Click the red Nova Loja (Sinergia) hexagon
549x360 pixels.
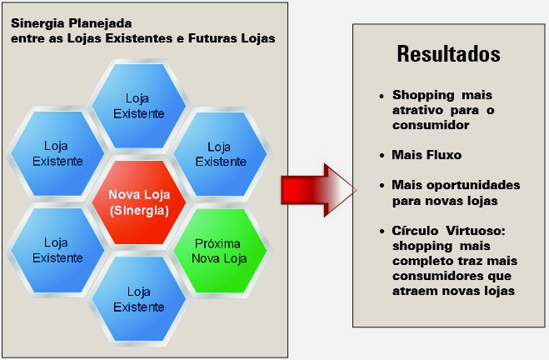click(139, 202)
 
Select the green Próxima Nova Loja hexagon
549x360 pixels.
click(220, 251)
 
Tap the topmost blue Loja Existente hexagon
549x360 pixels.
click(139, 106)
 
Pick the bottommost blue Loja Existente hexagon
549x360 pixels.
click(139, 299)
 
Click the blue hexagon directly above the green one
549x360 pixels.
click(220, 154)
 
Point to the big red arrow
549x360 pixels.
click(318, 190)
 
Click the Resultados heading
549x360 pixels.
click(448, 54)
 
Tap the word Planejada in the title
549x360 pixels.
click(100, 24)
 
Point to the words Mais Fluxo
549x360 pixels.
click(427, 155)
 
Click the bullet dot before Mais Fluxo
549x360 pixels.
click(382, 156)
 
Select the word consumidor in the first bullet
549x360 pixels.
click(431, 125)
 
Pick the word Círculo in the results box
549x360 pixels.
click(415, 231)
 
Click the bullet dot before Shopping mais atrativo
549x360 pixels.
click(382, 96)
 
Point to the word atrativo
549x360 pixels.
click(417, 110)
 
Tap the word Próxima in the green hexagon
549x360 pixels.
click(217, 243)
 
